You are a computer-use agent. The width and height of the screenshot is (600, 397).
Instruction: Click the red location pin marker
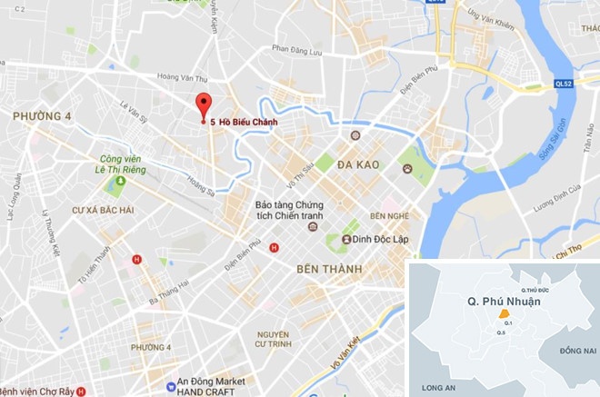204,104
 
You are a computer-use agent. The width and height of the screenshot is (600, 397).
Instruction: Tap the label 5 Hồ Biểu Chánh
243,123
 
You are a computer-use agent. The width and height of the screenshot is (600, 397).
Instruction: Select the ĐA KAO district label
356,165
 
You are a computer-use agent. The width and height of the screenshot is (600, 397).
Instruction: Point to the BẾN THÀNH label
328,270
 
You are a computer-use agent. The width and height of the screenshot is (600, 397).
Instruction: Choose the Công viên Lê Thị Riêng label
121,163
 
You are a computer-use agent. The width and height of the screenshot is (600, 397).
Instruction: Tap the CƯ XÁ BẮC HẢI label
103,211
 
